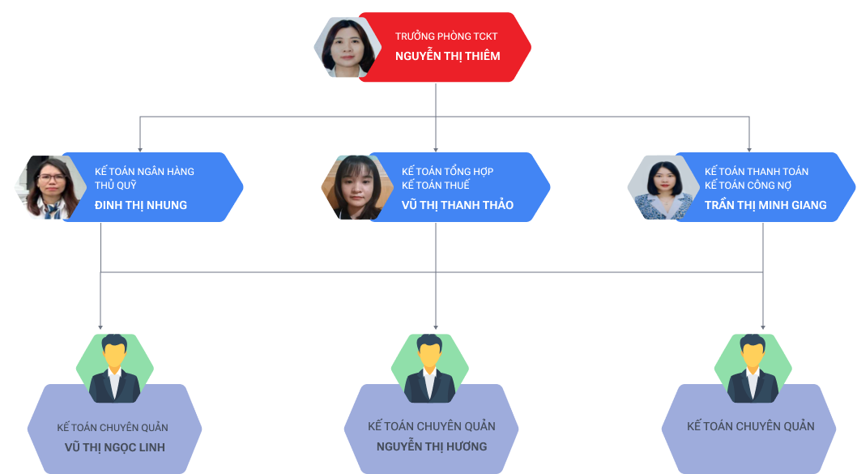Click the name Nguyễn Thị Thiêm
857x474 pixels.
[447, 56]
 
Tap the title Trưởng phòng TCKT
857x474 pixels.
[446, 36]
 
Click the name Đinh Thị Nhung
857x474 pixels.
[140, 205]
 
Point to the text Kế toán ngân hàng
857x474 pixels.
[144, 172]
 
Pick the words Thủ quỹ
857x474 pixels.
[115, 186]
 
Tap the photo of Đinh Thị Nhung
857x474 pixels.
[47, 187]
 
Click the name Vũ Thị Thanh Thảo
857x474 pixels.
[457, 205]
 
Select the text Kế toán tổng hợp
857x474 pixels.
[447, 172]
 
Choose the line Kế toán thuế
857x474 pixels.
[435, 186]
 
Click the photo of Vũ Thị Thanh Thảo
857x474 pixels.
[354, 187]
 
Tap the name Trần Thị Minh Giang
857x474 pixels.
[765, 205]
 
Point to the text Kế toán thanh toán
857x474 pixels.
[756, 172]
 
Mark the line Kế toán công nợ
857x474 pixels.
[748, 186]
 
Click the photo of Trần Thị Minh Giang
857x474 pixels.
[660, 187]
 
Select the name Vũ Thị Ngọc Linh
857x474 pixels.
[114, 447]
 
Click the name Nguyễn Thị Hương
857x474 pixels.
[431, 446]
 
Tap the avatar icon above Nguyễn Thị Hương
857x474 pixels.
[430, 369]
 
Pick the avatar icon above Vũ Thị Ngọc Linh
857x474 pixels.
[114, 369]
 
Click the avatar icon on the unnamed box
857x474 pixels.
[753, 369]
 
